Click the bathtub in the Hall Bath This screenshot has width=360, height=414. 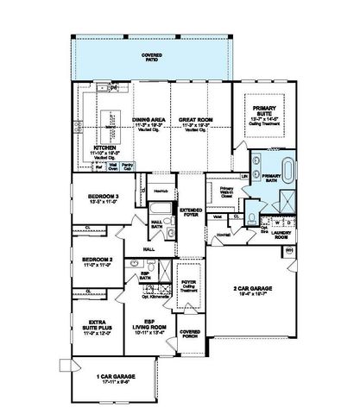point(161,210)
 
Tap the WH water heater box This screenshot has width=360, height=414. point(289,250)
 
